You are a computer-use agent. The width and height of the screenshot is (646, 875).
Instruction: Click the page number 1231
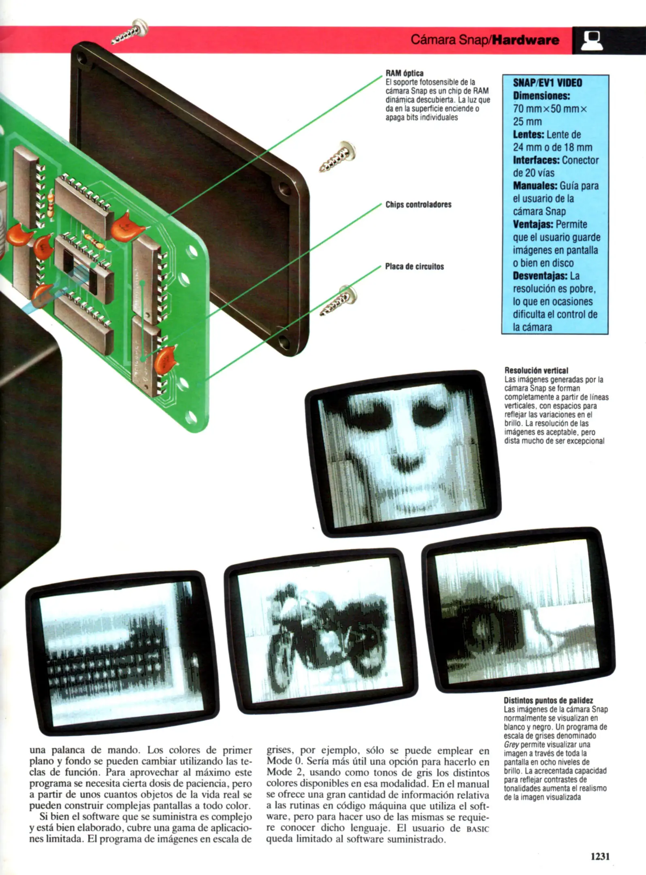click(600, 856)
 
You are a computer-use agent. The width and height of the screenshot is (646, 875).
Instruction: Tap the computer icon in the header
click(592, 40)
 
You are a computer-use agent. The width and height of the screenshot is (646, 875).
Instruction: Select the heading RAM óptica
click(404, 73)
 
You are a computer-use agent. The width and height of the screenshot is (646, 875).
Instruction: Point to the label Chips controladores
click(418, 205)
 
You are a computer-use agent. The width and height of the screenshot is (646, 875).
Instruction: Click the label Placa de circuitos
click(414, 267)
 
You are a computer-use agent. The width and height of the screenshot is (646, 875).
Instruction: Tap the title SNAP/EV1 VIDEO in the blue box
click(547, 83)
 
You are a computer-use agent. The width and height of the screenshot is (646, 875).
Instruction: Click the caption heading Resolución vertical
click(536, 370)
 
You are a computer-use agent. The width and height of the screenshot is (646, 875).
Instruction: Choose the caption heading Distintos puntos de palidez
click(548, 700)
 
